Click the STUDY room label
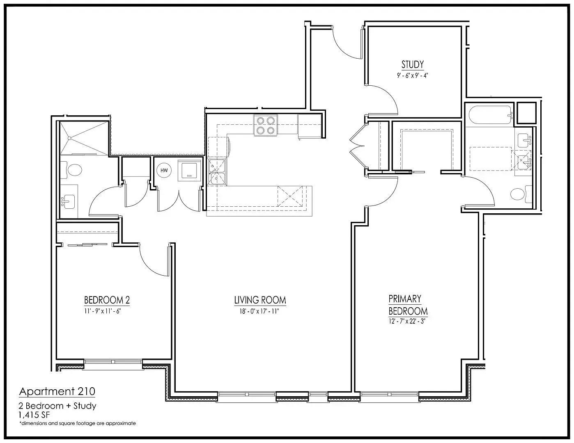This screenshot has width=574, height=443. point(413,64)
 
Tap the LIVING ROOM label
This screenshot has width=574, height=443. point(260,300)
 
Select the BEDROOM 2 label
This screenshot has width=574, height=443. point(107,300)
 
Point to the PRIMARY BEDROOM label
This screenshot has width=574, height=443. point(408,305)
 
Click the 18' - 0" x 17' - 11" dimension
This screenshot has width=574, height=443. point(259,311)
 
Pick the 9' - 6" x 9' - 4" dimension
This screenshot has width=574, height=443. point(413,75)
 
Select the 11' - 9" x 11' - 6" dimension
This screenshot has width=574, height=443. point(103,311)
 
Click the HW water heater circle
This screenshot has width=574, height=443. point(164,171)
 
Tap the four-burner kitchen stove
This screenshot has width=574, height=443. point(266,126)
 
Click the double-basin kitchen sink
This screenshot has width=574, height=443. point(217,172)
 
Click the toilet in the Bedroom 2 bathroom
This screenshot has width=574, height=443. point(71,170)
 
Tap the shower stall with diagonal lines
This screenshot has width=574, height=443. point(84,138)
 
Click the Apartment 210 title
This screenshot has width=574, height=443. point(57,391)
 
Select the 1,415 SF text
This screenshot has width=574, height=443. point(34,415)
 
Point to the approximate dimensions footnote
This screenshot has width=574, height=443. point(78,423)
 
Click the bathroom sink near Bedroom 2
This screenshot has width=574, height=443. point(68,202)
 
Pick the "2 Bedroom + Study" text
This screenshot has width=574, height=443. point(57,406)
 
